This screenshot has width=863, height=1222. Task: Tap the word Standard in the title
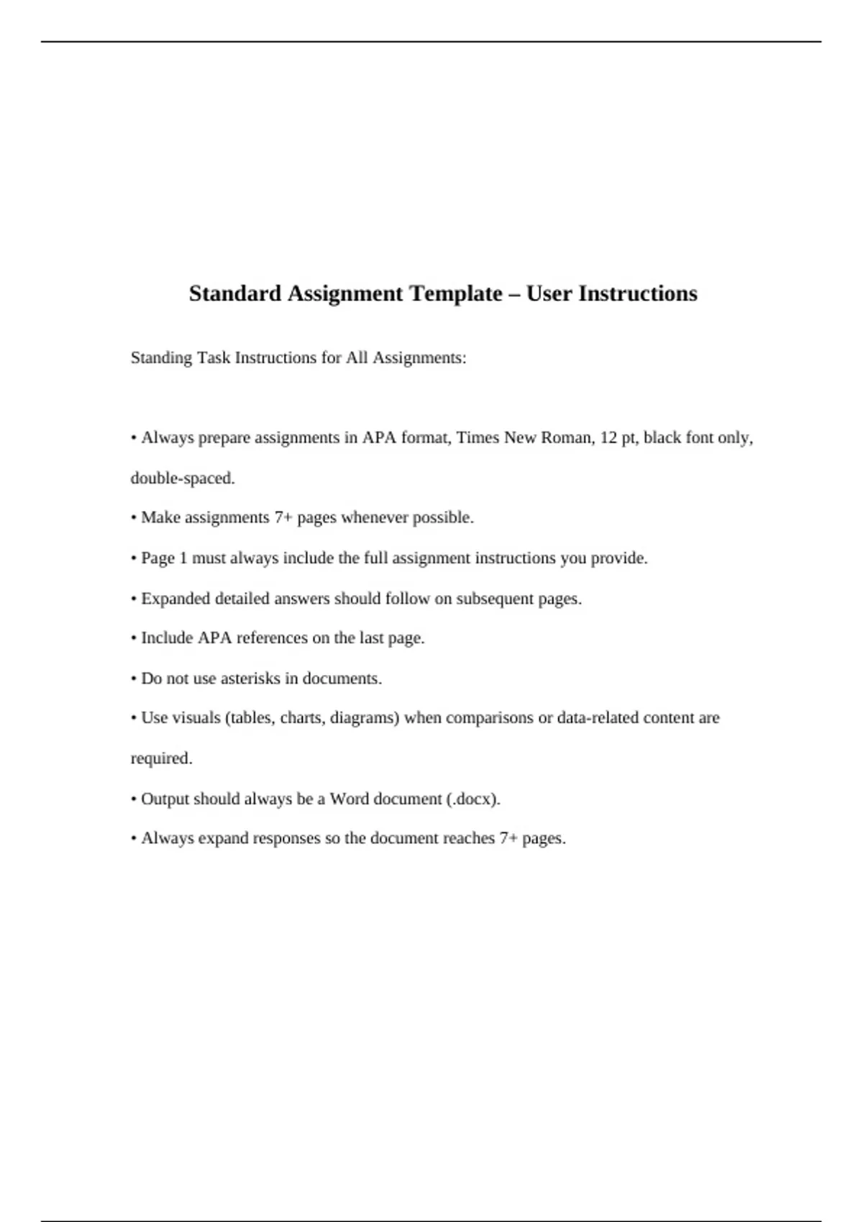point(235,293)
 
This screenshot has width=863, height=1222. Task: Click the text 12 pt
point(618,438)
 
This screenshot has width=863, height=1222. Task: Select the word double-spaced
point(183,478)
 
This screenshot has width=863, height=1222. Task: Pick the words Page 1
point(164,558)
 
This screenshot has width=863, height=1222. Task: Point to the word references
point(273,638)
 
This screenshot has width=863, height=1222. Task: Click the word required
point(161,758)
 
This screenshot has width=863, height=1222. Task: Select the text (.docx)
point(472,799)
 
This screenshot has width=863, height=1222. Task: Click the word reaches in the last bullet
point(469,838)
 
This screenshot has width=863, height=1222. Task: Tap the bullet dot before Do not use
point(134,679)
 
